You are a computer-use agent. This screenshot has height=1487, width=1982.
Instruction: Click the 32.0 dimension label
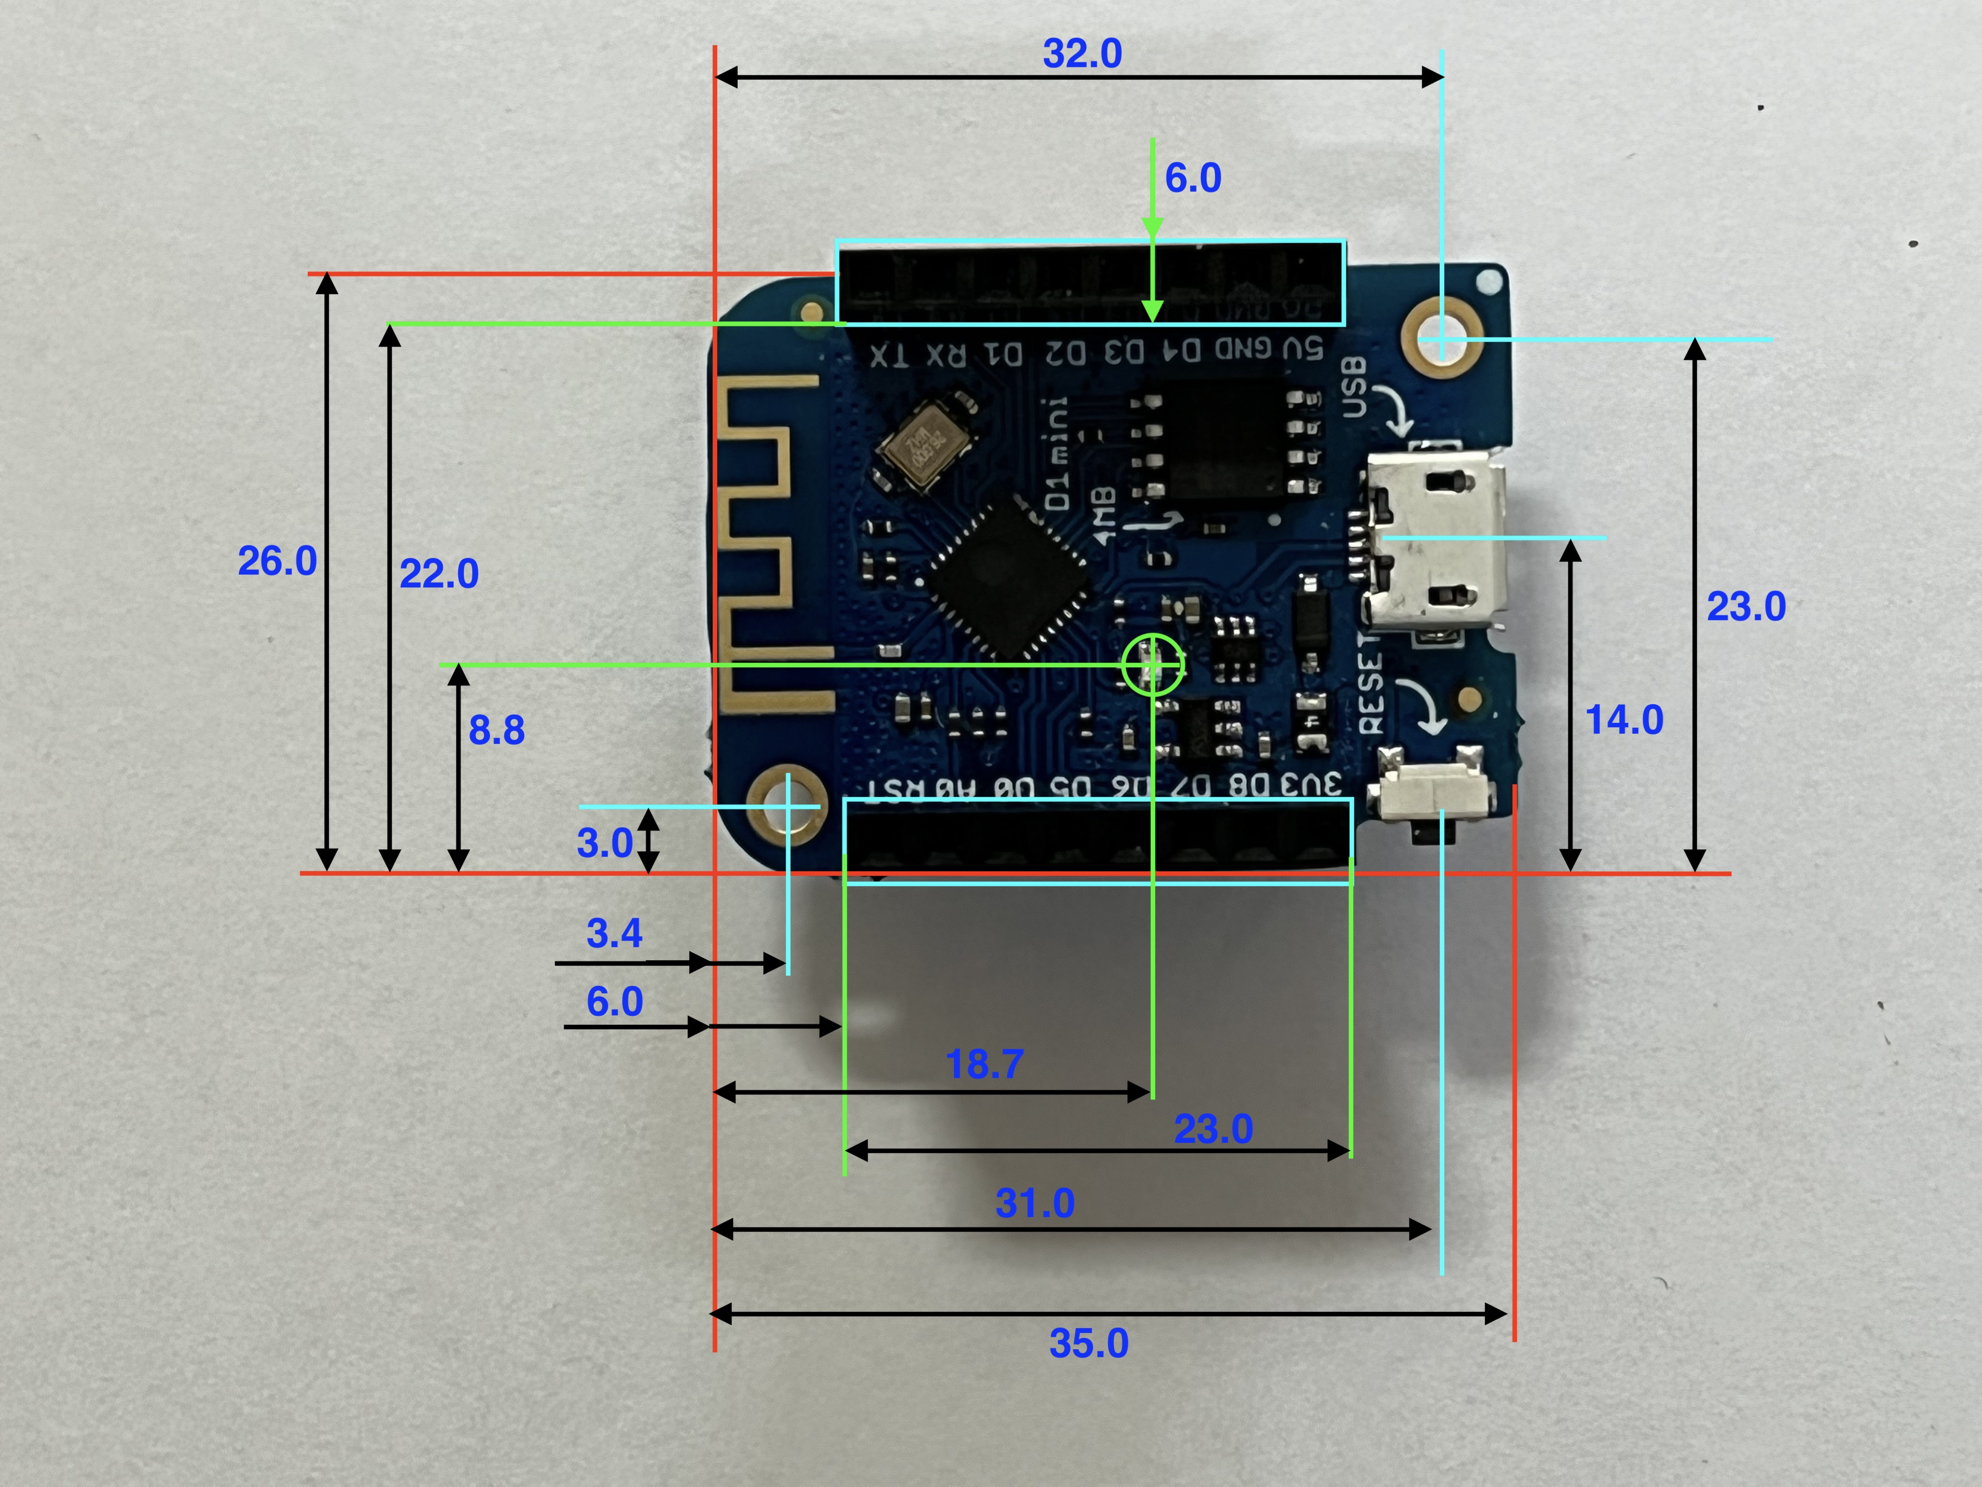[x=1081, y=54]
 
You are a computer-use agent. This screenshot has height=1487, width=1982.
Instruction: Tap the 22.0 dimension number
[x=438, y=574]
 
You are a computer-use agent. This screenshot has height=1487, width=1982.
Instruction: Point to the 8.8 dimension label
[x=496, y=731]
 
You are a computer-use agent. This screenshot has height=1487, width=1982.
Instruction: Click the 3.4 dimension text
[x=614, y=933]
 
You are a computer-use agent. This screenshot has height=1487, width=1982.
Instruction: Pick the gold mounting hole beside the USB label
[x=1441, y=339]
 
